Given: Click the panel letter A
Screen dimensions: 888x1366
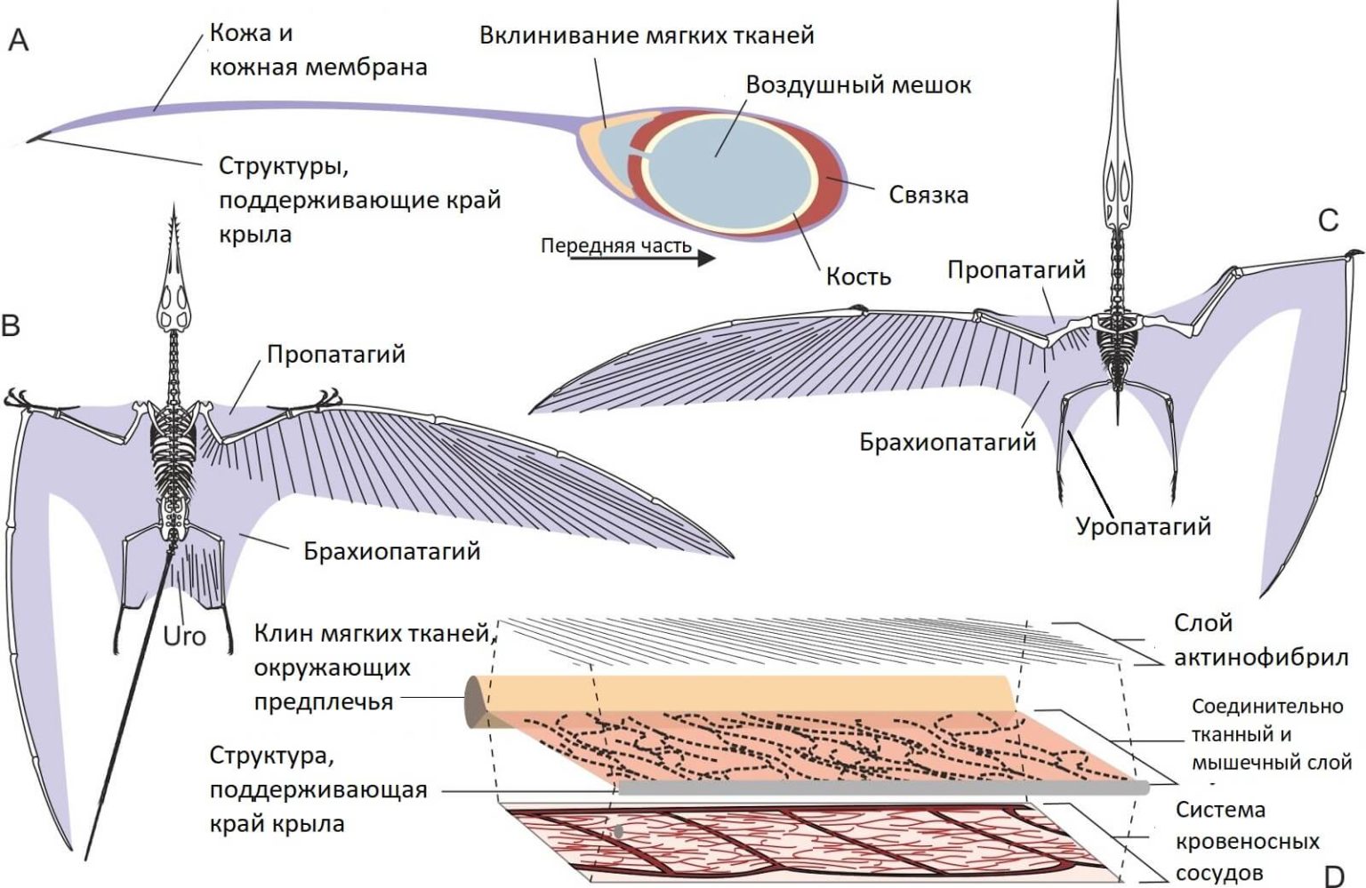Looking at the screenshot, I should [18, 40].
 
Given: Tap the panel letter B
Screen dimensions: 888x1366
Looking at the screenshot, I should [11, 325].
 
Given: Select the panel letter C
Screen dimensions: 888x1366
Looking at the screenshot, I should [1328, 220].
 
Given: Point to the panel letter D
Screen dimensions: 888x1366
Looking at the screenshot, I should [1334, 875].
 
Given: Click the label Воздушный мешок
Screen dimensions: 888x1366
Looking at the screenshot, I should [858, 85].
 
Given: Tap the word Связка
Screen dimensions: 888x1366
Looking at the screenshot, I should [928, 195].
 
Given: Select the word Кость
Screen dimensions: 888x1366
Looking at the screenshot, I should [858, 276].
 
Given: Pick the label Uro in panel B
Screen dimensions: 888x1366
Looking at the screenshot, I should [184, 636].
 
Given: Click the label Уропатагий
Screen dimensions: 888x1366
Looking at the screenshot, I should [1143, 526].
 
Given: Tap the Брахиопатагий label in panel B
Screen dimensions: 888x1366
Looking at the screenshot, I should [391, 551].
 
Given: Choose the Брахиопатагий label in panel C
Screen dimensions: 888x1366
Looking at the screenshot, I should [947, 442].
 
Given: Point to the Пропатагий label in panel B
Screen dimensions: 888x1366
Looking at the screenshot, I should [336, 355].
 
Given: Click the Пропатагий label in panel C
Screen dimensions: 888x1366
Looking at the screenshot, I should [1016, 270].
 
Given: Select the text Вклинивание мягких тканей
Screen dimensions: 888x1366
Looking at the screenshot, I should [647, 36].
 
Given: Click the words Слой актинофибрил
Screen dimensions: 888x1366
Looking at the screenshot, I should [1260, 640].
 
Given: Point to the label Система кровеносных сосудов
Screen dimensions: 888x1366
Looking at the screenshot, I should [1247, 841].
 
